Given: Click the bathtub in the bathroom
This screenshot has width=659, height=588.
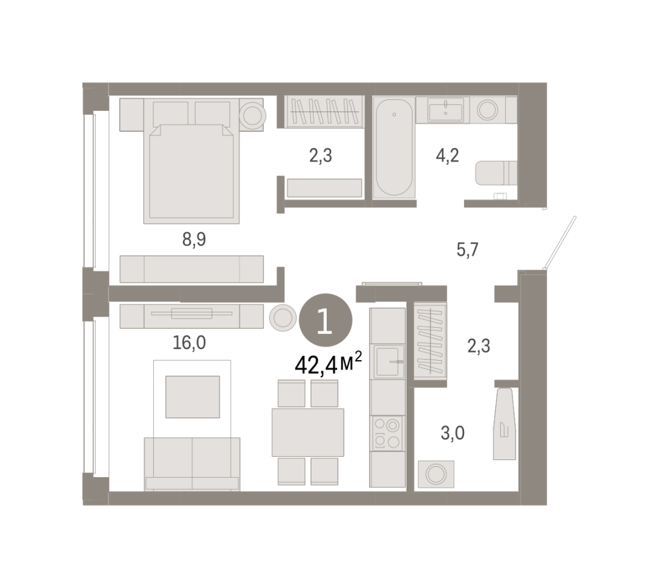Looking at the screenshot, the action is tap(394, 148).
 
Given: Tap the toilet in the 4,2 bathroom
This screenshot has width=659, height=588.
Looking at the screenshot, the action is tap(496, 173).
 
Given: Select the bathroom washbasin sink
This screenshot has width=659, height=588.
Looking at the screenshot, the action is tap(445, 110).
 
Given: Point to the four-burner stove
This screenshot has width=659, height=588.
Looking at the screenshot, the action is tap(387, 433).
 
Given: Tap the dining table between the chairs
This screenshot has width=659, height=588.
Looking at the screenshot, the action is tap(308, 432).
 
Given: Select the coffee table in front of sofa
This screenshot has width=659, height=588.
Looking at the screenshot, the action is tap(192, 397).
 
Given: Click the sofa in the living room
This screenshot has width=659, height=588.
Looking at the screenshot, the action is tap(192, 464).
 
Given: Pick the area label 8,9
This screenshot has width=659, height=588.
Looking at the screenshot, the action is tap(194, 239).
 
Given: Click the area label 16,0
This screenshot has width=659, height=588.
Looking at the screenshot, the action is tap(189, 343).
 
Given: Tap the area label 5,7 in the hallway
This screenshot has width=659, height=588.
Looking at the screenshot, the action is tap(467, 250).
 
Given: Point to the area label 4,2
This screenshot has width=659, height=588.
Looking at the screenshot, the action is tap(447, 156).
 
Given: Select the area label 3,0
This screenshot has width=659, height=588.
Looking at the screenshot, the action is tap(452, 433).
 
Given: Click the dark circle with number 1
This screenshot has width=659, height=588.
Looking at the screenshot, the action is tap(326, 320).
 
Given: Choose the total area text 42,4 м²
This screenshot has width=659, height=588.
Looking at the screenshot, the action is tap(328, 364).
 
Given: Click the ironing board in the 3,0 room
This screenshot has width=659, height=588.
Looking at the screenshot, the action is tap(505, 424).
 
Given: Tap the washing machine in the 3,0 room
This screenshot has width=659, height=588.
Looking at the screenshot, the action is tap(436, 474).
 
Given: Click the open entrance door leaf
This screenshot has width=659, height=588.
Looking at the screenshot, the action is tap(560, 243).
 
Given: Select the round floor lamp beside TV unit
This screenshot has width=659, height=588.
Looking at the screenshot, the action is tap(283, 317).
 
